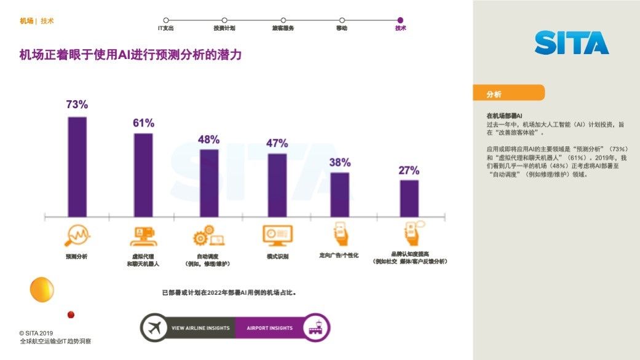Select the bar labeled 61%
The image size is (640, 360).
[143, 174]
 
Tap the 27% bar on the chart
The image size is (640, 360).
[409, 198]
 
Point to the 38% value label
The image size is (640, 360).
[339, 163]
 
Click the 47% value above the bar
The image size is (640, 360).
[277, 144]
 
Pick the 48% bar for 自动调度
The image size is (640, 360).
[209, 182]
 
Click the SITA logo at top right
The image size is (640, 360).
[571, 43]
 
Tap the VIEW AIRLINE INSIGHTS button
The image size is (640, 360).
[200, 328]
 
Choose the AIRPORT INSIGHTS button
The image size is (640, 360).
[269, 328]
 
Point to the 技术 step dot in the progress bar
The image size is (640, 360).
[400, 20]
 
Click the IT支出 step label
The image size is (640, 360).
[166, 28]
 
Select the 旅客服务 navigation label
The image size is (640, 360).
[283, 28]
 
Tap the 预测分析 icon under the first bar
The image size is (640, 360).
[77, 235]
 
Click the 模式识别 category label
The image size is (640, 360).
[277, 256]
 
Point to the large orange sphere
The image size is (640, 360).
[42, 289]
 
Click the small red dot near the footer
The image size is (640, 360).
[71, 315]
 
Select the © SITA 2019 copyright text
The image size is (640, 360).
[36, 332]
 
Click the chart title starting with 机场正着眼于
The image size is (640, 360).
[130, 55]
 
